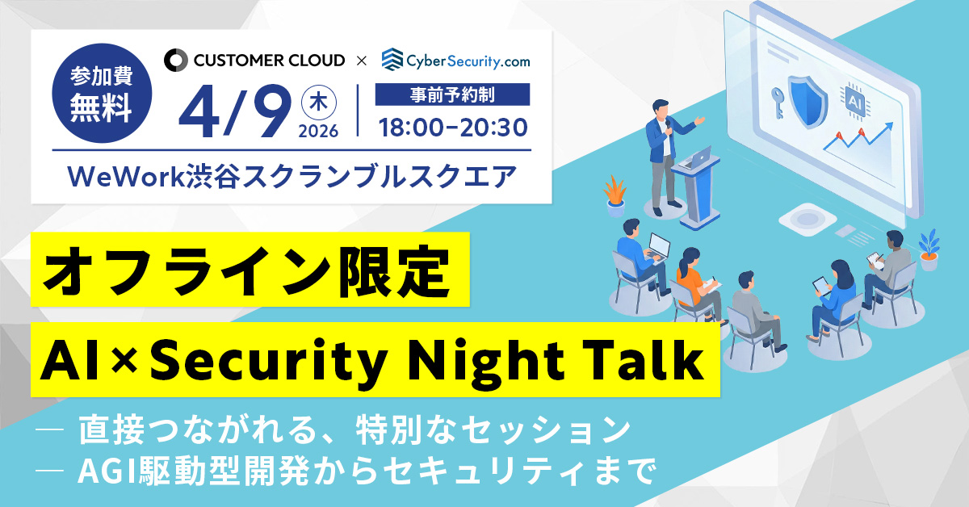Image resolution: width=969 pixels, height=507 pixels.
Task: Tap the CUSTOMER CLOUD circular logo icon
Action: pos(175,60)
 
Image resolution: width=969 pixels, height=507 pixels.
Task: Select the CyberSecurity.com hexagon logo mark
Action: pos(392,59)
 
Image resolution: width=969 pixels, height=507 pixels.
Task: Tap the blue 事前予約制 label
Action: pos(453,94)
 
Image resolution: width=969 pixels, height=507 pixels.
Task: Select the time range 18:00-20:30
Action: pos(453,127)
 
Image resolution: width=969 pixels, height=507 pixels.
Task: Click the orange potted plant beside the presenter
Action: pos(615,194)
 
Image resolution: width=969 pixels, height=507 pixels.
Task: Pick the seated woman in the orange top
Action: pos(690,279)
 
